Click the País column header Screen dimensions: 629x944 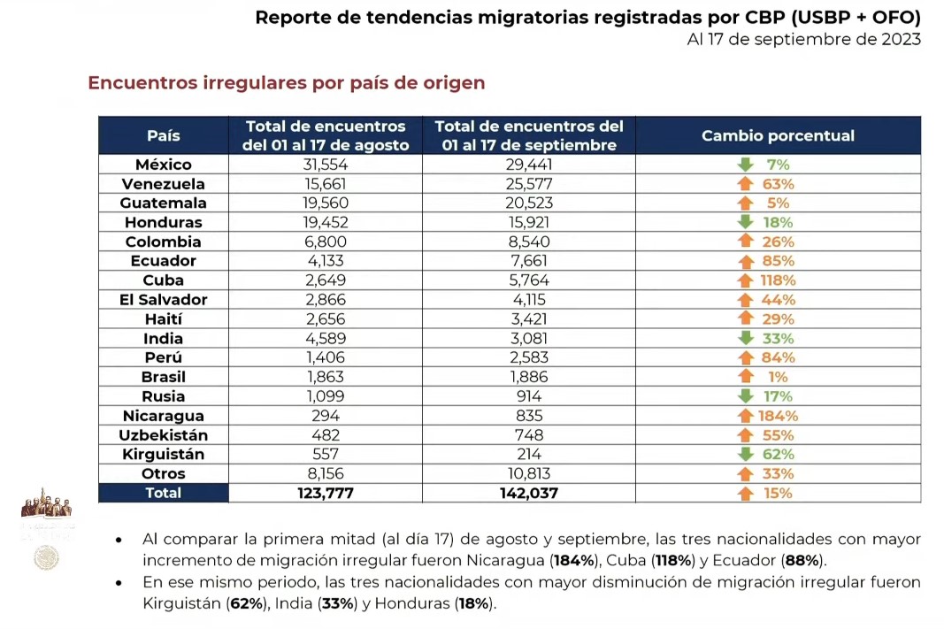pyautogui.click(x=163, y=135)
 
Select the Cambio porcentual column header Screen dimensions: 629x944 pyautogui.click(x=778, y=135)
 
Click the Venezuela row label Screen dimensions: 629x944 pyautogui.click(x=164, y=184)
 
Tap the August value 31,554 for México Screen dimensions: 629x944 pyautogui.click(x=326, y=165)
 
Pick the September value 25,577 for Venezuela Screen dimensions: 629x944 pyautogui.click(x=528, y=184)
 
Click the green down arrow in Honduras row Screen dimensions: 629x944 pyautogui.click(x=746, y=223)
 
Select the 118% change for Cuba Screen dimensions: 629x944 pyautogui.click(x=778, y=280)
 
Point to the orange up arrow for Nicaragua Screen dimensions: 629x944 pyautogui.click(x=746, y=416)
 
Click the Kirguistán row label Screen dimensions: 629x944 pyautogui.click(x=164, y=455)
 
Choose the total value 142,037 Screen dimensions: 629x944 pyautogui.click(x=528, y=494)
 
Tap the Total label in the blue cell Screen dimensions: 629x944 pyautogui.click(x=164, y=494)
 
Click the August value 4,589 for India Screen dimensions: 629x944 pyautogui.click(x=326, y=339)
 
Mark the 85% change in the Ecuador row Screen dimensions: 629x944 pyautogui.click(x=778, y=261)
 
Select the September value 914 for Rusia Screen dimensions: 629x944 pyautogui.click(x=528, y=396)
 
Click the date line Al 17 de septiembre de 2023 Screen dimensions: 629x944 pyautogui.click(x=803, y=40)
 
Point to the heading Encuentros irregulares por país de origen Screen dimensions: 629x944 pyautogui.click(x=286, y=83)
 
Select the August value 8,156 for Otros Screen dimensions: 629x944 pyautogui.click(x=326, y=474)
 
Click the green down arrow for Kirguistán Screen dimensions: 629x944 pyautogui.click(x=746, y=455)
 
